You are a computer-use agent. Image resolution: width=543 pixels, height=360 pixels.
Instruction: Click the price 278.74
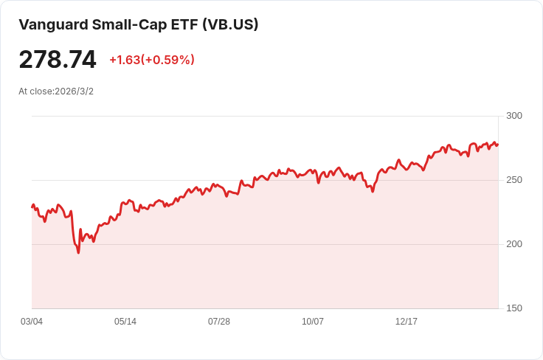click(x=58, y=60)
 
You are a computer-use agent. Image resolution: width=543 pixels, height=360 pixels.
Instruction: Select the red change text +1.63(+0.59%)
click(x=152, y=60)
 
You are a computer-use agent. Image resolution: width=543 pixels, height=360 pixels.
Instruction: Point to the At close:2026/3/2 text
click(x=56, y=91)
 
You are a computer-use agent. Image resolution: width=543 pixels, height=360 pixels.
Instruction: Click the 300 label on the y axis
click(x=514, y=116)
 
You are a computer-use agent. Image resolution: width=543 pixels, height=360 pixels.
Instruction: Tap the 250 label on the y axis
click(x=514, y=180)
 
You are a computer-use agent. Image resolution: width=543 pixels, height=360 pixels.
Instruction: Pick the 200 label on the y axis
click(x=514, y=244)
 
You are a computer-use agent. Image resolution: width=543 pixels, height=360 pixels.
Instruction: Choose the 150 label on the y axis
click(x=514, y=308)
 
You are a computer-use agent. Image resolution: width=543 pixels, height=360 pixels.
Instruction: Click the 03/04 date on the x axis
click(x=32, y=322)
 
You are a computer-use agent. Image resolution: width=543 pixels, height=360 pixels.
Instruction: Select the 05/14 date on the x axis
click(x=125, y=322)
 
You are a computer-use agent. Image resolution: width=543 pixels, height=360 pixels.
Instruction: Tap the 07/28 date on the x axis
click(x=219, y=322)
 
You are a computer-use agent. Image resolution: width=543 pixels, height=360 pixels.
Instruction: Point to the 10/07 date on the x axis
click(x=313, y=322)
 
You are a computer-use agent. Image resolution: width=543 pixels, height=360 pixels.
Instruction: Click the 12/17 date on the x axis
click(x=407, y=322)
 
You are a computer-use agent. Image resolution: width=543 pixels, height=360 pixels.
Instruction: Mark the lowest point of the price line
click(x=78, y=253)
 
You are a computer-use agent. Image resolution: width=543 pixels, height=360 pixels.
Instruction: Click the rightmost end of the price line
click(x=497, y=144)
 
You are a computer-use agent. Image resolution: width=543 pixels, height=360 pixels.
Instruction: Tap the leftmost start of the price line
click(x=32, y=207)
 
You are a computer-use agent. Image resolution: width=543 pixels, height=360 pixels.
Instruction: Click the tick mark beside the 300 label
click(x=502, y=116)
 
